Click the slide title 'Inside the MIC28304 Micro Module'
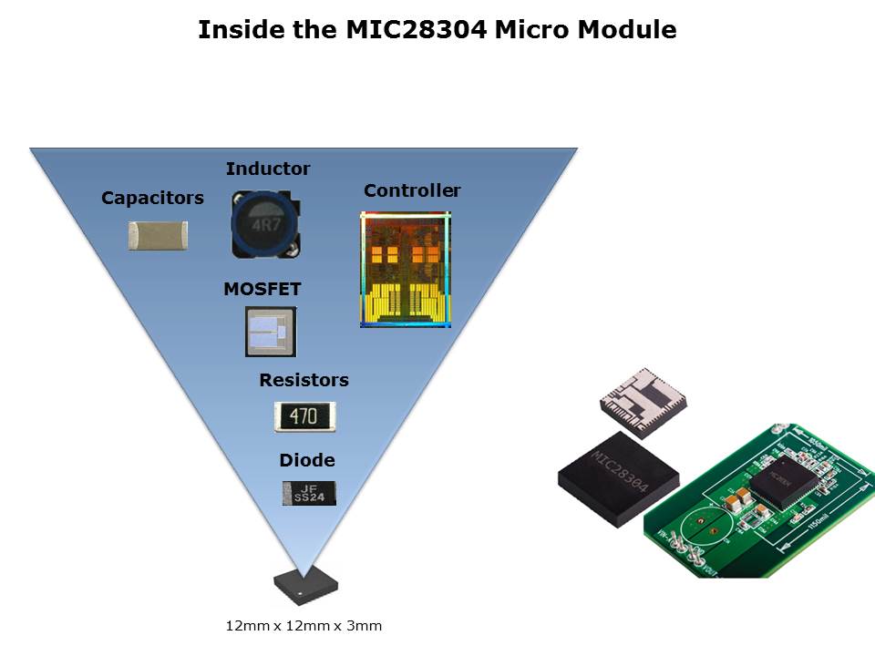(437, 30)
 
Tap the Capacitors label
(152, 198)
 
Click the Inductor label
(267, 169)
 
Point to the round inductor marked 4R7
(262, 223)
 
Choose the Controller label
(412, 190)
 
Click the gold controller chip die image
(406, 270)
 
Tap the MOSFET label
(262, 290)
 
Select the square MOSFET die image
(271, 332)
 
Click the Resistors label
(304, 380)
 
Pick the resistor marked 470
(304, 416)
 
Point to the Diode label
(306, 460)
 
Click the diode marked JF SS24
(308, 493)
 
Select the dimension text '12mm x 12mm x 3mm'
(304, 626)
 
